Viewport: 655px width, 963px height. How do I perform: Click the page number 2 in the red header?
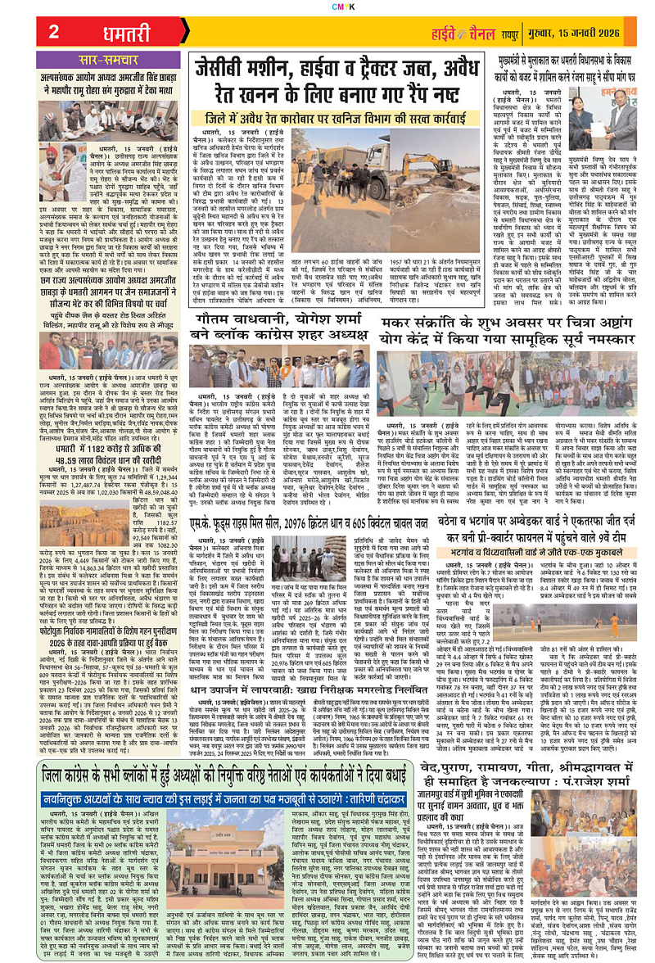[x=54, y=32]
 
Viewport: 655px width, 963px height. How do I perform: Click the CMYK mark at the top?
[x=327, y=5]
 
